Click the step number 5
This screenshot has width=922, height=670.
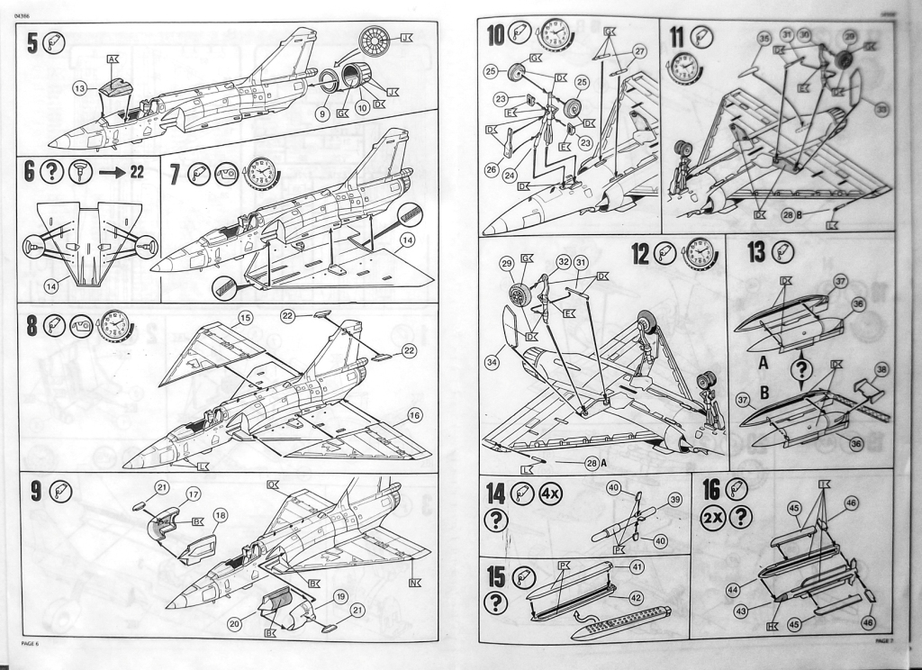pos(32,42)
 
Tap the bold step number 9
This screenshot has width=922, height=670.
pos(35,491)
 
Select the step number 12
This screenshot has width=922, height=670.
pos(640,254)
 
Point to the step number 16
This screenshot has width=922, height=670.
pos(710,489)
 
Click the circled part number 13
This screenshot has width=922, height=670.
pos(79,87)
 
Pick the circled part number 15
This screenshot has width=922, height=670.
pos(246,317)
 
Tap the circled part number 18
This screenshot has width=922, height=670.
pos(220,515)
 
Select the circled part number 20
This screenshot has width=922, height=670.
pos(237,623)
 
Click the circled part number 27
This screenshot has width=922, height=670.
pos(639,51)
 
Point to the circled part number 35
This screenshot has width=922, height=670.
pos(764,39)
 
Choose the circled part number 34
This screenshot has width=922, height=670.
pos(492,362)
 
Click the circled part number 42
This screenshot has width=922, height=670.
pos(637,597)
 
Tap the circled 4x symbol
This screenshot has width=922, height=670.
pos(551,493)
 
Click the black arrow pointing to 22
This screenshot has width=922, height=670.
pos(112,171)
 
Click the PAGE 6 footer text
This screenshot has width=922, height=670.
pos(32,642)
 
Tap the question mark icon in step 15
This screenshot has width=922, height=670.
pos(495,602)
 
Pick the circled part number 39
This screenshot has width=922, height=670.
pos(674,500)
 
